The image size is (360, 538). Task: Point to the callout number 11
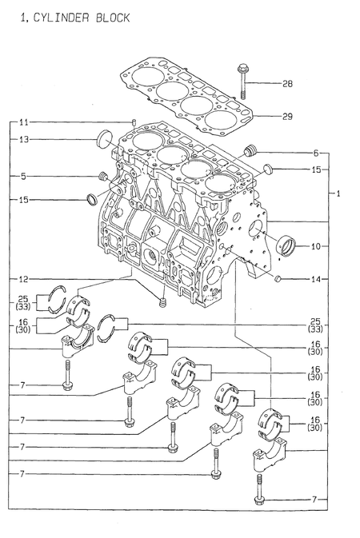24,122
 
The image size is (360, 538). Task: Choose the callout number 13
24,139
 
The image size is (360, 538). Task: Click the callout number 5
24,175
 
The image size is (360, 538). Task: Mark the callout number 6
316,153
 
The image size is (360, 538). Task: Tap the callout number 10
316,247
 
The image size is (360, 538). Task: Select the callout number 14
316,279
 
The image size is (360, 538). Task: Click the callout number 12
24,278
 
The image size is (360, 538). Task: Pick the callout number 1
339,194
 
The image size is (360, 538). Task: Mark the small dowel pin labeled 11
134,122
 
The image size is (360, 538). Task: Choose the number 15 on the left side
24,199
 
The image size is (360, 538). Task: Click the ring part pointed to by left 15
93,199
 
